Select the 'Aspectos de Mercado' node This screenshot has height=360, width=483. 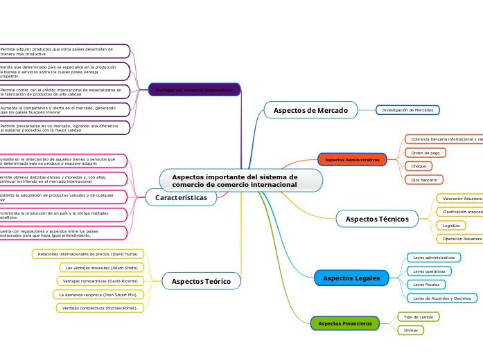(310, 110)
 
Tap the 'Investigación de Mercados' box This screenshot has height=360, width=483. (407, 110)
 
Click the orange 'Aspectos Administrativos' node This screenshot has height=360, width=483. (352, 160)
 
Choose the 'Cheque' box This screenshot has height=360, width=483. (419, 166)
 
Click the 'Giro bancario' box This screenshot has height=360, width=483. (424, 180)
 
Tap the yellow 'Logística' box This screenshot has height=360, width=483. (451, 226)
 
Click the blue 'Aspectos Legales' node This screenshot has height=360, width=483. (351, 278)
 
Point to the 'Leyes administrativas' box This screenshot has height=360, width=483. (433, 258)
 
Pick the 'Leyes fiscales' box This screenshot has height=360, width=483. (425, 285)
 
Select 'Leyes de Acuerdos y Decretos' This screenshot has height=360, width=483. (442, 298)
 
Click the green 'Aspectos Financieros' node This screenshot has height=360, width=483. (344, 323)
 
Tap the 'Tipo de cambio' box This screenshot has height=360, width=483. (419, 316)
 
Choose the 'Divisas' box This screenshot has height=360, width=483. (411, 330)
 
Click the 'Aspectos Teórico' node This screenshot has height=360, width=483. (201, 281)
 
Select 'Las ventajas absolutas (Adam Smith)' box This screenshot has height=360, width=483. (101, 267)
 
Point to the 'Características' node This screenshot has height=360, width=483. (181, 198)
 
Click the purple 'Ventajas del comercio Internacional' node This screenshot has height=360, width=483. (194, 90)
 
